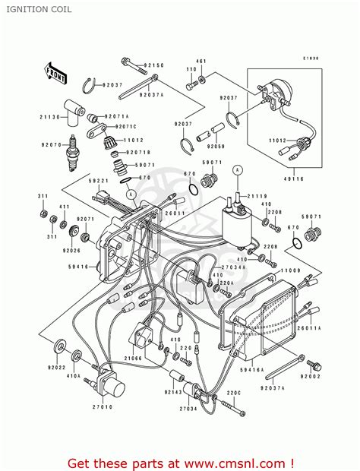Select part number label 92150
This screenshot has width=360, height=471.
tap(154, 65)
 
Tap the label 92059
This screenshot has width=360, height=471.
tap(218, 146)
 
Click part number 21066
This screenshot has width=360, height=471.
tap(134, 357)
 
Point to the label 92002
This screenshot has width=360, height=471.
tap(311, 376)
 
